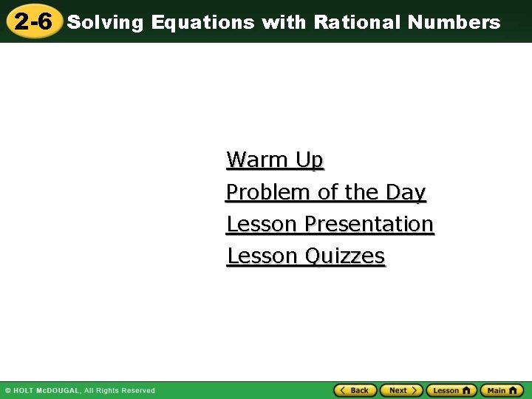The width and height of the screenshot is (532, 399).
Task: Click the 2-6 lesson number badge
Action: coord(33,21)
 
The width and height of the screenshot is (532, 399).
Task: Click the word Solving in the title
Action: coord(105,22)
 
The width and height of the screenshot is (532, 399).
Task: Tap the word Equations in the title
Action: coord(202,22)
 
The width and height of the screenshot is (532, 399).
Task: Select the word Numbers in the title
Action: coord(454,22)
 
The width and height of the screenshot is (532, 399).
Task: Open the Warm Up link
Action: coord(275,160)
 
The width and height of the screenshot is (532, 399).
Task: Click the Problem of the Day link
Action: coord(326,192)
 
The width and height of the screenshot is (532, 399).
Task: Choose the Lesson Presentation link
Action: coord(330,224)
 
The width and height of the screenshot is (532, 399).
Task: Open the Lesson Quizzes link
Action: coord(306,256)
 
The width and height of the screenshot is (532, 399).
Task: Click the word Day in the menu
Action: coord(406,192)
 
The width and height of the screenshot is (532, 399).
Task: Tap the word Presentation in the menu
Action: coord(369,224)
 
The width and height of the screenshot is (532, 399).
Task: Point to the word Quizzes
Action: coord(345,256)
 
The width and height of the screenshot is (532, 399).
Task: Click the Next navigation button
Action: coord(401,390)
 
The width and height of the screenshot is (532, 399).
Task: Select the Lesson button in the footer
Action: coord(451,390)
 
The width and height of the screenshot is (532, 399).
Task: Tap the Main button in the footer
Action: coord(501,390)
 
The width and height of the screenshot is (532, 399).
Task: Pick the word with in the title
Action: coord(284,22)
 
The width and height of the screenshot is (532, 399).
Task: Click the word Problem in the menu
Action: coord(268,192)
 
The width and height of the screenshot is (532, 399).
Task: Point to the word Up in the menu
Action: coord(309,160)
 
